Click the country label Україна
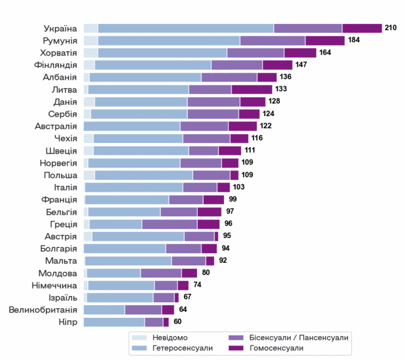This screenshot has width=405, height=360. click(x=60, y=29)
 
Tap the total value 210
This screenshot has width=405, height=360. click(x=391, y=27)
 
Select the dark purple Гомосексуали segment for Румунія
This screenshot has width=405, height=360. click(x=325, y=41)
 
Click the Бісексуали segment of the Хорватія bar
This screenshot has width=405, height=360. click(x=256, y=53)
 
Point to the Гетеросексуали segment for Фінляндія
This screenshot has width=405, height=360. click(x=153, y=65)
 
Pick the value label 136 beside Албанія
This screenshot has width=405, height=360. click(x=285, y=77)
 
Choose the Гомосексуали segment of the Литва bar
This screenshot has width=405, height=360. click(x=252, y=89)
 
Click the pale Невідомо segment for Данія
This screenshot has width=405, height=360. click(x=89, y=102)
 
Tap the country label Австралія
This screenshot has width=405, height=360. click(x=56, y=126)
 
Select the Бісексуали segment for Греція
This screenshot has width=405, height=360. click(x=170, y=224)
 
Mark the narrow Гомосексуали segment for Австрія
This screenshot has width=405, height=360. click(x=216, y=237)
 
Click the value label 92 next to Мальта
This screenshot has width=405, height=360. click(x=223, y=260)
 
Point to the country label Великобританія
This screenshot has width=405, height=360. click(x=43, y=310)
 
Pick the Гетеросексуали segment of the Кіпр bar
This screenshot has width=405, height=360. click(x=114, y=322)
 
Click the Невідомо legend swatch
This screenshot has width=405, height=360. click(x=139, y=338)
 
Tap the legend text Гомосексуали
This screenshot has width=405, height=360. click(x=276, y=348)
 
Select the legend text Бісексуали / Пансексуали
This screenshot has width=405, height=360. click(x=299, y=338)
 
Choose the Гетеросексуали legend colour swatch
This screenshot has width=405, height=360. click(x=139, y=348)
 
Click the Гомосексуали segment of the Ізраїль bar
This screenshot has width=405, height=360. click(x=177, y=298)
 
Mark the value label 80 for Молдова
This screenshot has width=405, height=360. click(x=206, y=272)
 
